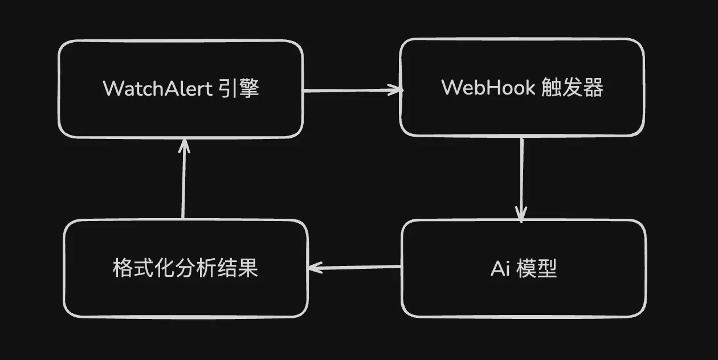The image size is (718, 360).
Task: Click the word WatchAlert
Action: pos(158,89)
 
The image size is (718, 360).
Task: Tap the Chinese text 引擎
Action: pos(239,89)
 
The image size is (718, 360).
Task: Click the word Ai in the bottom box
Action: pos(500,268)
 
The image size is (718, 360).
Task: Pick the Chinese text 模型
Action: pos(536,268)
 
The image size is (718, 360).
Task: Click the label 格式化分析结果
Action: pos(185,268)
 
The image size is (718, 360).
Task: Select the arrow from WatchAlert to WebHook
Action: pos(350,90)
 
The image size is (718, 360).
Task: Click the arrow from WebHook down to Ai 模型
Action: pos(521,177)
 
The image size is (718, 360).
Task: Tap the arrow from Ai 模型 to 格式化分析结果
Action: pos(354,267)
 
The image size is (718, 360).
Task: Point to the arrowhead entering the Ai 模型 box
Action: pos(520,215)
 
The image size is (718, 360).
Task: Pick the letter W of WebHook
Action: pos(452,88)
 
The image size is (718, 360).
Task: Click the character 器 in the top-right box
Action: pos(593,88)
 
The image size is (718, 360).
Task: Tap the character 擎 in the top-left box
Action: pos(249,89)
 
